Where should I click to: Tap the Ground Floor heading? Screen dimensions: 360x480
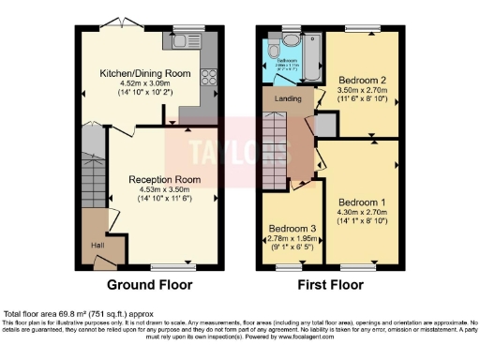[150, 285]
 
